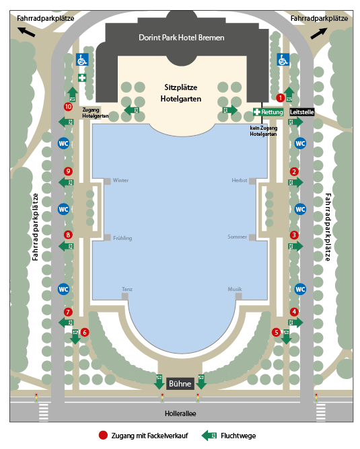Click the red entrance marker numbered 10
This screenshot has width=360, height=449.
click(68, 107)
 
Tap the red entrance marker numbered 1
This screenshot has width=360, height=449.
click(281, 98)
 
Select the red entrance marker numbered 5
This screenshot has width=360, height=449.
click(276, 332)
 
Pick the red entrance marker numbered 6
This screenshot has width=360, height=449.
click(84, 332)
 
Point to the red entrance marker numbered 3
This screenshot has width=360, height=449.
click(294, 235)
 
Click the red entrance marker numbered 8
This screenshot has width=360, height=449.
click(68, 235)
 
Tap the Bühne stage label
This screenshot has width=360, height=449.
click(180, 383)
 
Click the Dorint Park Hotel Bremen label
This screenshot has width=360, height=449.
click(182, 38)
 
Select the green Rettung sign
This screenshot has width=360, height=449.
click(268, 112)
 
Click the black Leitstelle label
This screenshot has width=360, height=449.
click(302, 112)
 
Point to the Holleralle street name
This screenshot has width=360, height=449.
click(180, 413)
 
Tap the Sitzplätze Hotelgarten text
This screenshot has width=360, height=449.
click(181, 93)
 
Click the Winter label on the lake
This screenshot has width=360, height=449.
click(120, 180)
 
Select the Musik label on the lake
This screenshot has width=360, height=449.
click(235, 289)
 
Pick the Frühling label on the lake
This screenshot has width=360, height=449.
click(122, 238)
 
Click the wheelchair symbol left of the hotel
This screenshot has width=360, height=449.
click(82, 60)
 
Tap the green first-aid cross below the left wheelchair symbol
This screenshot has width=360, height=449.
click(82, 77)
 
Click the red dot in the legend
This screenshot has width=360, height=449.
click(103, 436)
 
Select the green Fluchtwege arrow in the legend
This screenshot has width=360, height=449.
click(209, 436)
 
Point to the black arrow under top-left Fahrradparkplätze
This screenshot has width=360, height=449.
click(26, 32)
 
